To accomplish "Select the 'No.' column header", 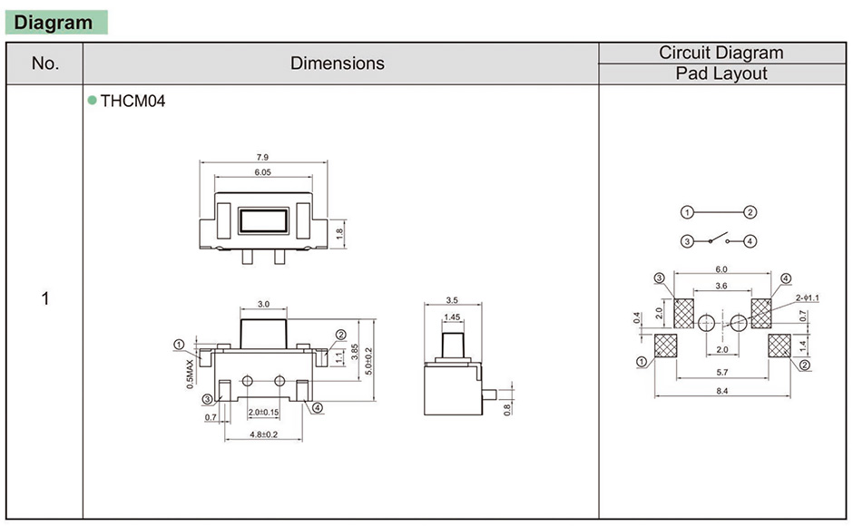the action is point(44,63).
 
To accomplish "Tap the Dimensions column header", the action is point(338,63).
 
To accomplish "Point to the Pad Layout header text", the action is point(721,73).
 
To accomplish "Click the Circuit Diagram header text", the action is point(721,53).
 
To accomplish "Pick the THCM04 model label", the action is point(132,102).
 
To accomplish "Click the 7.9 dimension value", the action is point(263,157).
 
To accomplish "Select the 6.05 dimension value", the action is point(263,172).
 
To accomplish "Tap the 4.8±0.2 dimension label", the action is point(264,434).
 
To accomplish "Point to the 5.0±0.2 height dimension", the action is point(368,361).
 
